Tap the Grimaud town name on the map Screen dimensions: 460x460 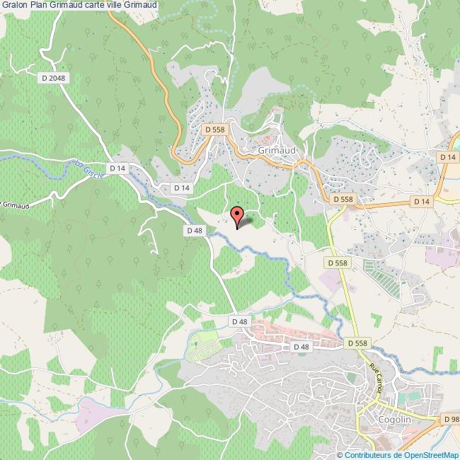(276, 151)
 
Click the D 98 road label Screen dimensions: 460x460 (451, 419)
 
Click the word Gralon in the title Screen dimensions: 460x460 (14, 6)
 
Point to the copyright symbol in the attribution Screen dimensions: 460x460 (340, 454)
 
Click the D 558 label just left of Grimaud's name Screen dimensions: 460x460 (215, 130)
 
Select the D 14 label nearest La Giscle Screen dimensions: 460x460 (117, 168)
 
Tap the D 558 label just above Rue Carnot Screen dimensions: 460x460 (358, 343)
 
